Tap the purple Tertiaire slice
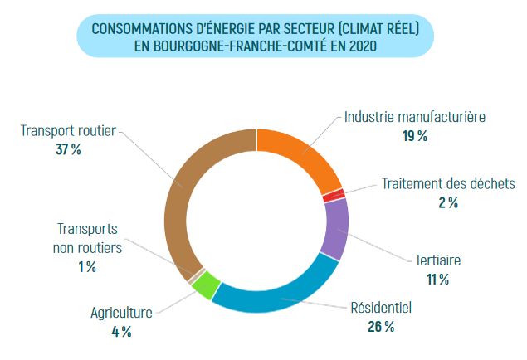(335, 224)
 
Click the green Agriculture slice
(207, 286)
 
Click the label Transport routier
(68, 130)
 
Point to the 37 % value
(68, 149)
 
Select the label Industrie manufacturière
(414, 117)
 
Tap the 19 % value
(414, 136)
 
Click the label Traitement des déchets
(448, 183)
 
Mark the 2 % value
(448, 202)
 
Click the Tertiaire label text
(437, 260)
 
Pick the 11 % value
(437, 280)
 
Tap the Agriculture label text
(121, 313)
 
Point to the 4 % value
(121, 332)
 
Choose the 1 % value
(87, 266)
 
